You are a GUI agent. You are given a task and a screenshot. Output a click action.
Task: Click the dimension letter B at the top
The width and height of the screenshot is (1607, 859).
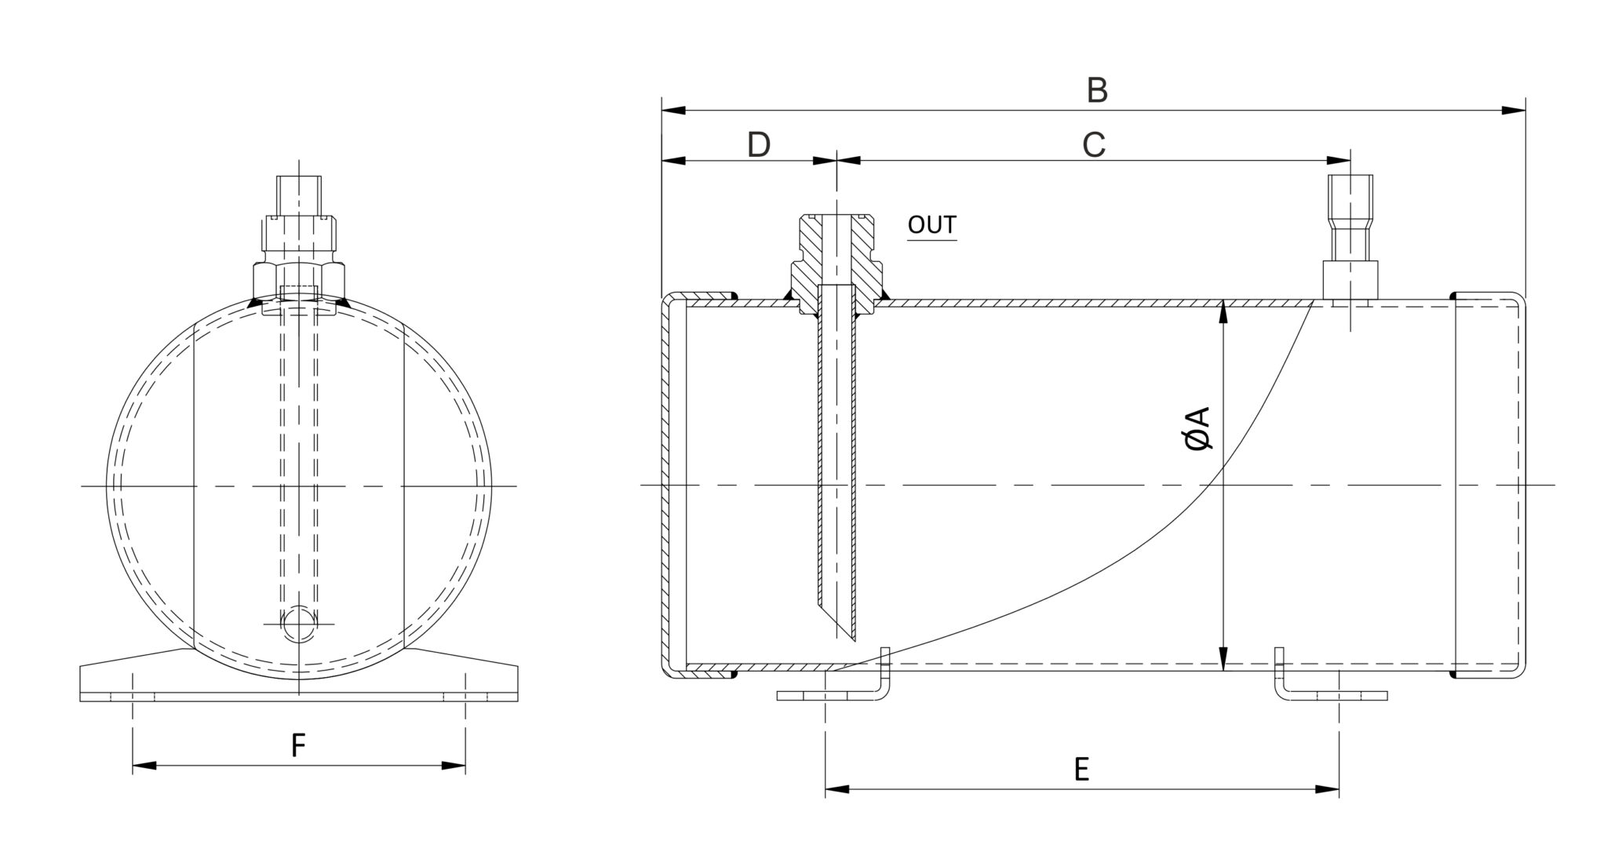[1097, 91]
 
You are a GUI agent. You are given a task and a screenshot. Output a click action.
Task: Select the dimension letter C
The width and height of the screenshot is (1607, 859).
[1094, 145]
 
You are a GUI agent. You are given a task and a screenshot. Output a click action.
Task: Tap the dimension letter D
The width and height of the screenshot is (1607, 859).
[759, 145]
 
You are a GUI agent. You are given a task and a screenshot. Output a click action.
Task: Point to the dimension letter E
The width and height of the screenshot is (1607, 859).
[1081, 770]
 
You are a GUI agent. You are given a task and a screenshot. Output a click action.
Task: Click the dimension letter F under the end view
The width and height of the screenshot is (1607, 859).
[297, 746]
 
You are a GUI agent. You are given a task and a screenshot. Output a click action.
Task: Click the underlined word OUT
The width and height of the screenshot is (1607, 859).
[931, 225]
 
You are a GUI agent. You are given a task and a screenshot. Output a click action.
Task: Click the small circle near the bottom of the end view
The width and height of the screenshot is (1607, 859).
[299, 624]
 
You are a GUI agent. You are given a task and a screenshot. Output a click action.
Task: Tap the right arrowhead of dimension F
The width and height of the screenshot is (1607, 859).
[454, 765]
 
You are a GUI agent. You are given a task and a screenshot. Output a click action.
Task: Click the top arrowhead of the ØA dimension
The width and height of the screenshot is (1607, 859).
[1223, 313]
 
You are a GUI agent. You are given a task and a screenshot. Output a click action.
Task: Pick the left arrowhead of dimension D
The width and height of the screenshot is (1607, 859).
[673, 161]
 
